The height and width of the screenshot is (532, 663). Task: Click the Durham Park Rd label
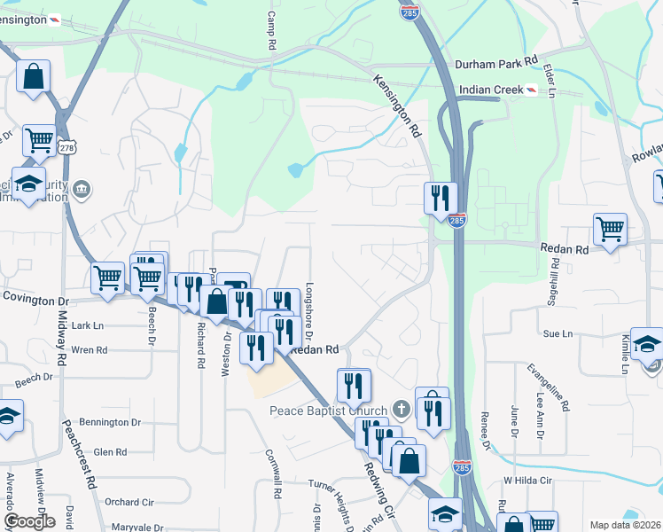[x=496, y=63]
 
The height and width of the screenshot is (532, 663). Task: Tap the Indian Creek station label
[x=490, y=90]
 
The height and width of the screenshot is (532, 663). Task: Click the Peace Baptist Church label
[x=329, y=411]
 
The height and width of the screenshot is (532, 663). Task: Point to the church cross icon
[x=401, y=410]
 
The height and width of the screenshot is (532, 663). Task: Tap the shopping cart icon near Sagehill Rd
[x=610, y=230]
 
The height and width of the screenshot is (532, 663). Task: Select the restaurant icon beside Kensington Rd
[x=441, y=198]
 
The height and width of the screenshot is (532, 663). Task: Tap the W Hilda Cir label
[x=527, y=480]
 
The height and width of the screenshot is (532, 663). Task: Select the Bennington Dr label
[x=110, y=422]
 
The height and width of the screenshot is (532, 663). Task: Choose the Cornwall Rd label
[x=273, y=473]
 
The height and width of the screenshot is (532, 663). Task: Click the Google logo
[x=29, y=520]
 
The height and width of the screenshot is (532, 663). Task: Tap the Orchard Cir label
[x=129, y=502]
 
